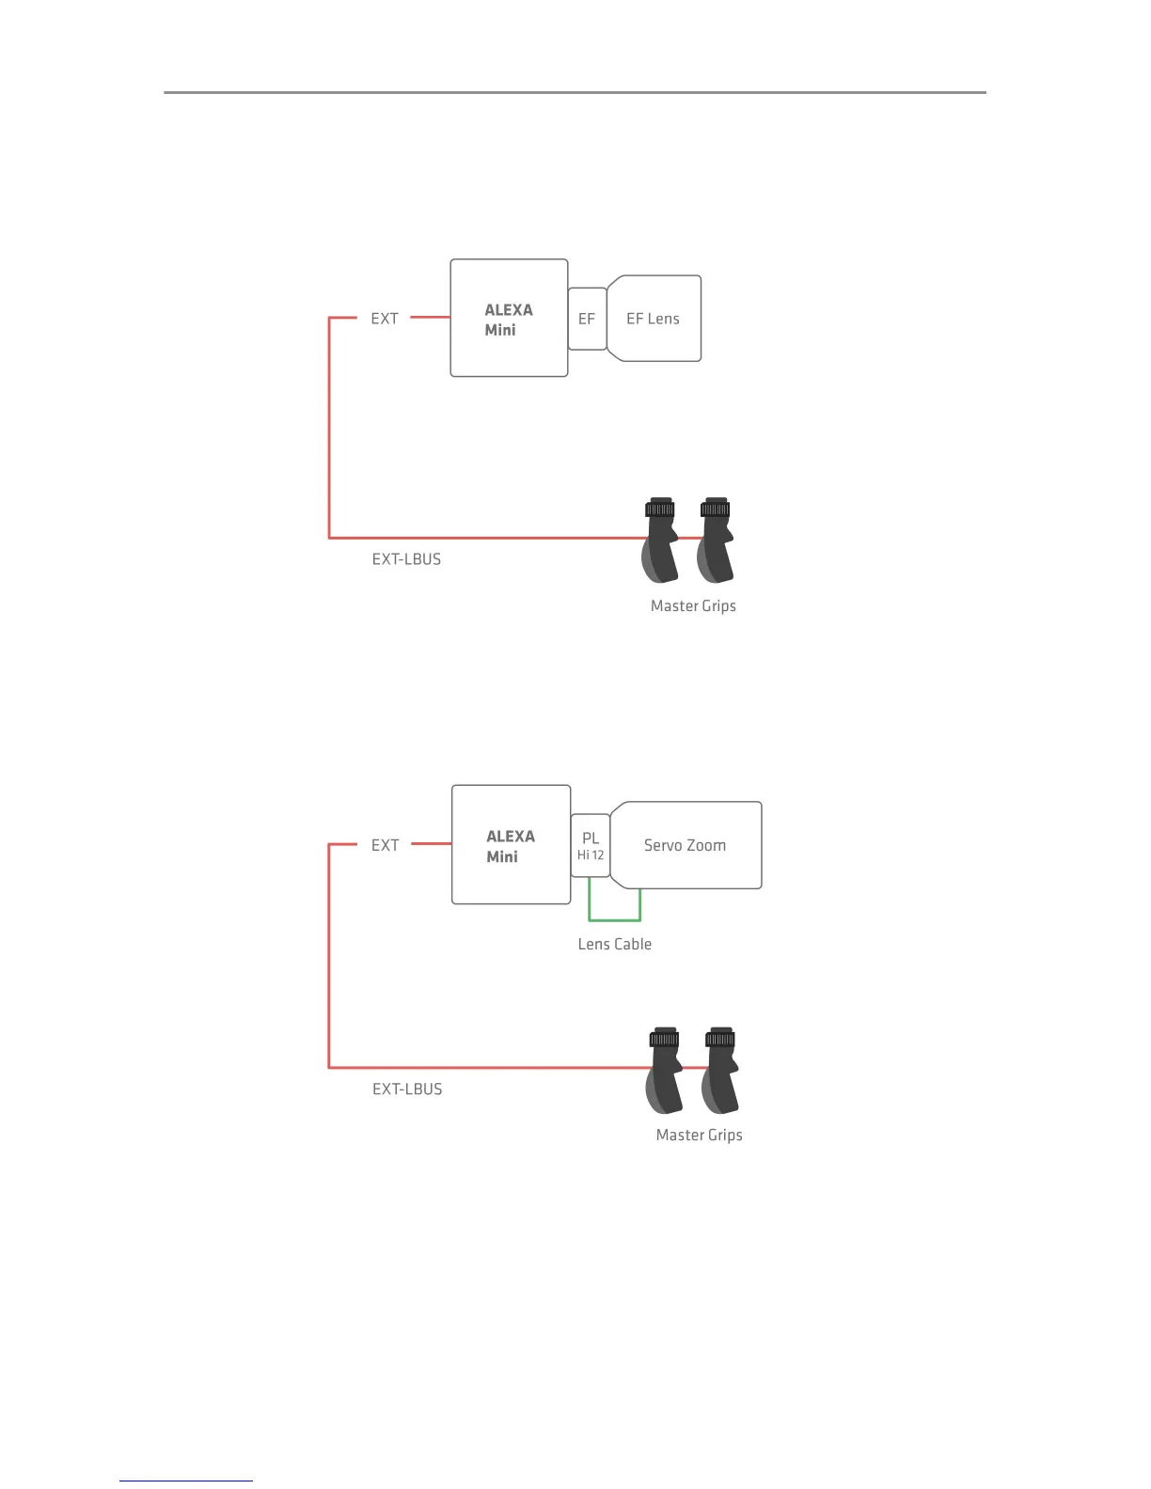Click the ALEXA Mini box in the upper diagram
pyautogui.click(x=509, y=319)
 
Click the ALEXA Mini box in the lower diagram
pyautogui.click(x=511, y=845)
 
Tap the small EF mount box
pyautogui.click(x=587, y=319)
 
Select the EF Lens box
pyautogui.click(x=654, y=319)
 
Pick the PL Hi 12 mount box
pyautogui.click(x=591, y=845)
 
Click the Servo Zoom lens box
pyautogui.click(x=686, y=845)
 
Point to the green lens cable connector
pyautogui.click(x=614, y=918)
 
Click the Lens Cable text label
pyautogui.click(x=614, y=944)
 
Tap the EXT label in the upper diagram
pyautogui.click(x=385, y=319)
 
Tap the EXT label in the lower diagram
pyautogui.click(x=385, y=845)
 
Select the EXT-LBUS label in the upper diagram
pyautogui.click(x=406, y=559)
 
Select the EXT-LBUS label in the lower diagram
pyautogui.click(x=407, y=1089)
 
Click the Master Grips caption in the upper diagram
pyautogui.click(x=693, y=606)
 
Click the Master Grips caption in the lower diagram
pyautogui.click(x=699, y=1135)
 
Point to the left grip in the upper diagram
pyautogui.click(x=660, y=541)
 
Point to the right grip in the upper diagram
pyautogui.click(x=716, y=541)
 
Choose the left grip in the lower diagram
pyautogui.click(x=665, y=1071)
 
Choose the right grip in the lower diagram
pyautogui.click(x=720, y=1071)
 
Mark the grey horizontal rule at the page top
pyautogui.click(x=575, y=92)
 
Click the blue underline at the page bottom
pyautogui.click(x=186, y=1481)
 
